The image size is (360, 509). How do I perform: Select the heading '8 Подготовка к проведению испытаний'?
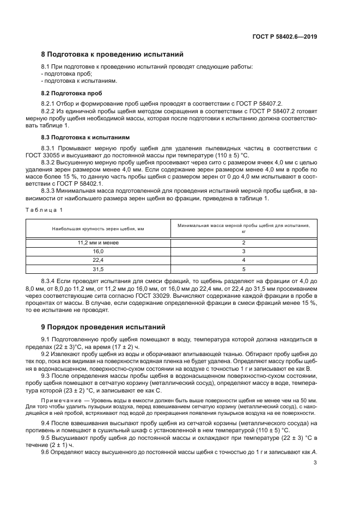click(x=112, y=54)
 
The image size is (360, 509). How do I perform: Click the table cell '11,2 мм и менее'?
click(x=98, y=242)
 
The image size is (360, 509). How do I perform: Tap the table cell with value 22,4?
click(x=98, y=260)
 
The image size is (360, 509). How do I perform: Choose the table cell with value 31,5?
click(x=98, y=269)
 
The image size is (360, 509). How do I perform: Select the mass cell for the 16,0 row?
click(x=243, y=252)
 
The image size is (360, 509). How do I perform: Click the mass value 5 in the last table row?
click(x=243, y=269)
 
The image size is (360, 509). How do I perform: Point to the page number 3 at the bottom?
click(x=315, y=463)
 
